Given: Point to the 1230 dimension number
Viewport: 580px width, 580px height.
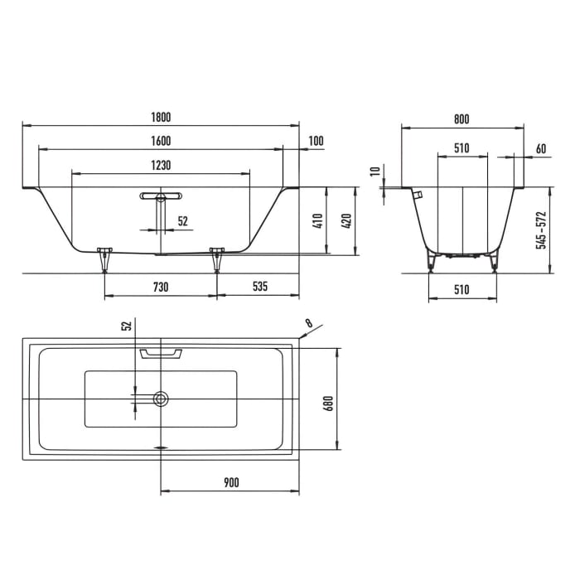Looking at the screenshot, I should (x=161, y=166).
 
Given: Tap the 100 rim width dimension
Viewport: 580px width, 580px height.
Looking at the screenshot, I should (x=316, y=141).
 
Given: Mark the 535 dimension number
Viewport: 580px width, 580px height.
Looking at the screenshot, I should (x=259, y=287).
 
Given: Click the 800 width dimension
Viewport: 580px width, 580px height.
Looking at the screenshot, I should (x=462, y=119).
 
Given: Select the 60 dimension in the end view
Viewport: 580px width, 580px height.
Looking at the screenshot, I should (x=540, y=149).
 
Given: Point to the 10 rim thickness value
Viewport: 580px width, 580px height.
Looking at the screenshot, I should (x=374, y=172).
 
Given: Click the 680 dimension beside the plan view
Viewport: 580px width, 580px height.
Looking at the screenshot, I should (x=328, y=402).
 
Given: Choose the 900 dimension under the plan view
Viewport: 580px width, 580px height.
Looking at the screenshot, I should (x=230, y=482).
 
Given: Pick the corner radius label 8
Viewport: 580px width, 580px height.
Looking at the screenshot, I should (x=309, y=323).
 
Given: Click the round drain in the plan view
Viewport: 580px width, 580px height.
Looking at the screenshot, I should (x=161, y=399).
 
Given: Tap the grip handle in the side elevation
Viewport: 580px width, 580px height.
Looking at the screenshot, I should (x=161, y=196).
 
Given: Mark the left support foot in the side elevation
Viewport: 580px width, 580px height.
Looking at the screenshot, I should (x=104, y=258).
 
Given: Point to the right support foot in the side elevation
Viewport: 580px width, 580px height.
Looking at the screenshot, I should (x=217, y=258).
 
